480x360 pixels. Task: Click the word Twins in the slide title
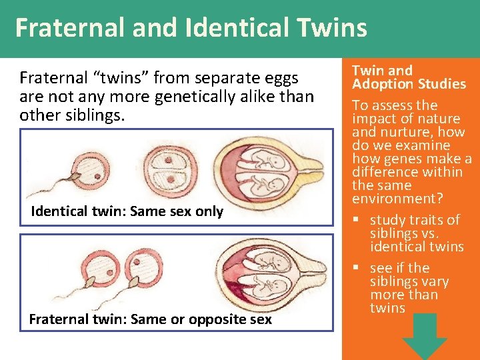tap(333, 28)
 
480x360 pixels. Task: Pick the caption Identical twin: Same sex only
tap(127, 211)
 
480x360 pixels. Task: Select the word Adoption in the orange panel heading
tap(382, 84)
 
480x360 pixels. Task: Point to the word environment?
tap(393, 199)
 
